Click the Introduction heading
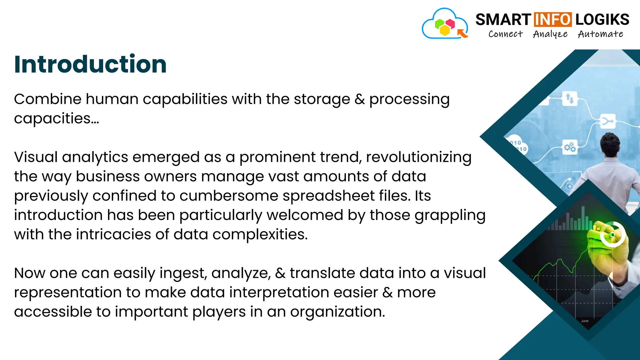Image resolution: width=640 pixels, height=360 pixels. point(90,64)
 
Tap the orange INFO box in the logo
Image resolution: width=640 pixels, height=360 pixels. point(553,20)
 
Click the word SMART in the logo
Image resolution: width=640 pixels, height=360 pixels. point(503,20)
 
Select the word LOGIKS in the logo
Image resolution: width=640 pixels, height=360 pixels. point(602,20)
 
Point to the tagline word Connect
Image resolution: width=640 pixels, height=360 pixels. point(505,34)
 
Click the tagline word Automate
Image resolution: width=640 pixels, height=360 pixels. point(600,34)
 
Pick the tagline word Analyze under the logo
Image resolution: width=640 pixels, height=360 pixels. point(550,34)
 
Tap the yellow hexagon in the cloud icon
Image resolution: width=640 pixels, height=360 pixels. point(445,30)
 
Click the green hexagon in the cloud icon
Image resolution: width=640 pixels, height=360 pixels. point(440,23)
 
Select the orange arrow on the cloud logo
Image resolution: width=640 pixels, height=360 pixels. point(462,33)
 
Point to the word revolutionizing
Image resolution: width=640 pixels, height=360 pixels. point(418,157)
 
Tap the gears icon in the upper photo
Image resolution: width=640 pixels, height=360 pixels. point(570,147)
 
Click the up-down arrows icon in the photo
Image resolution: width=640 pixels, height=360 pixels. point(570,99)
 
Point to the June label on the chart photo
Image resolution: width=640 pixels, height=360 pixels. point(584,321)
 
